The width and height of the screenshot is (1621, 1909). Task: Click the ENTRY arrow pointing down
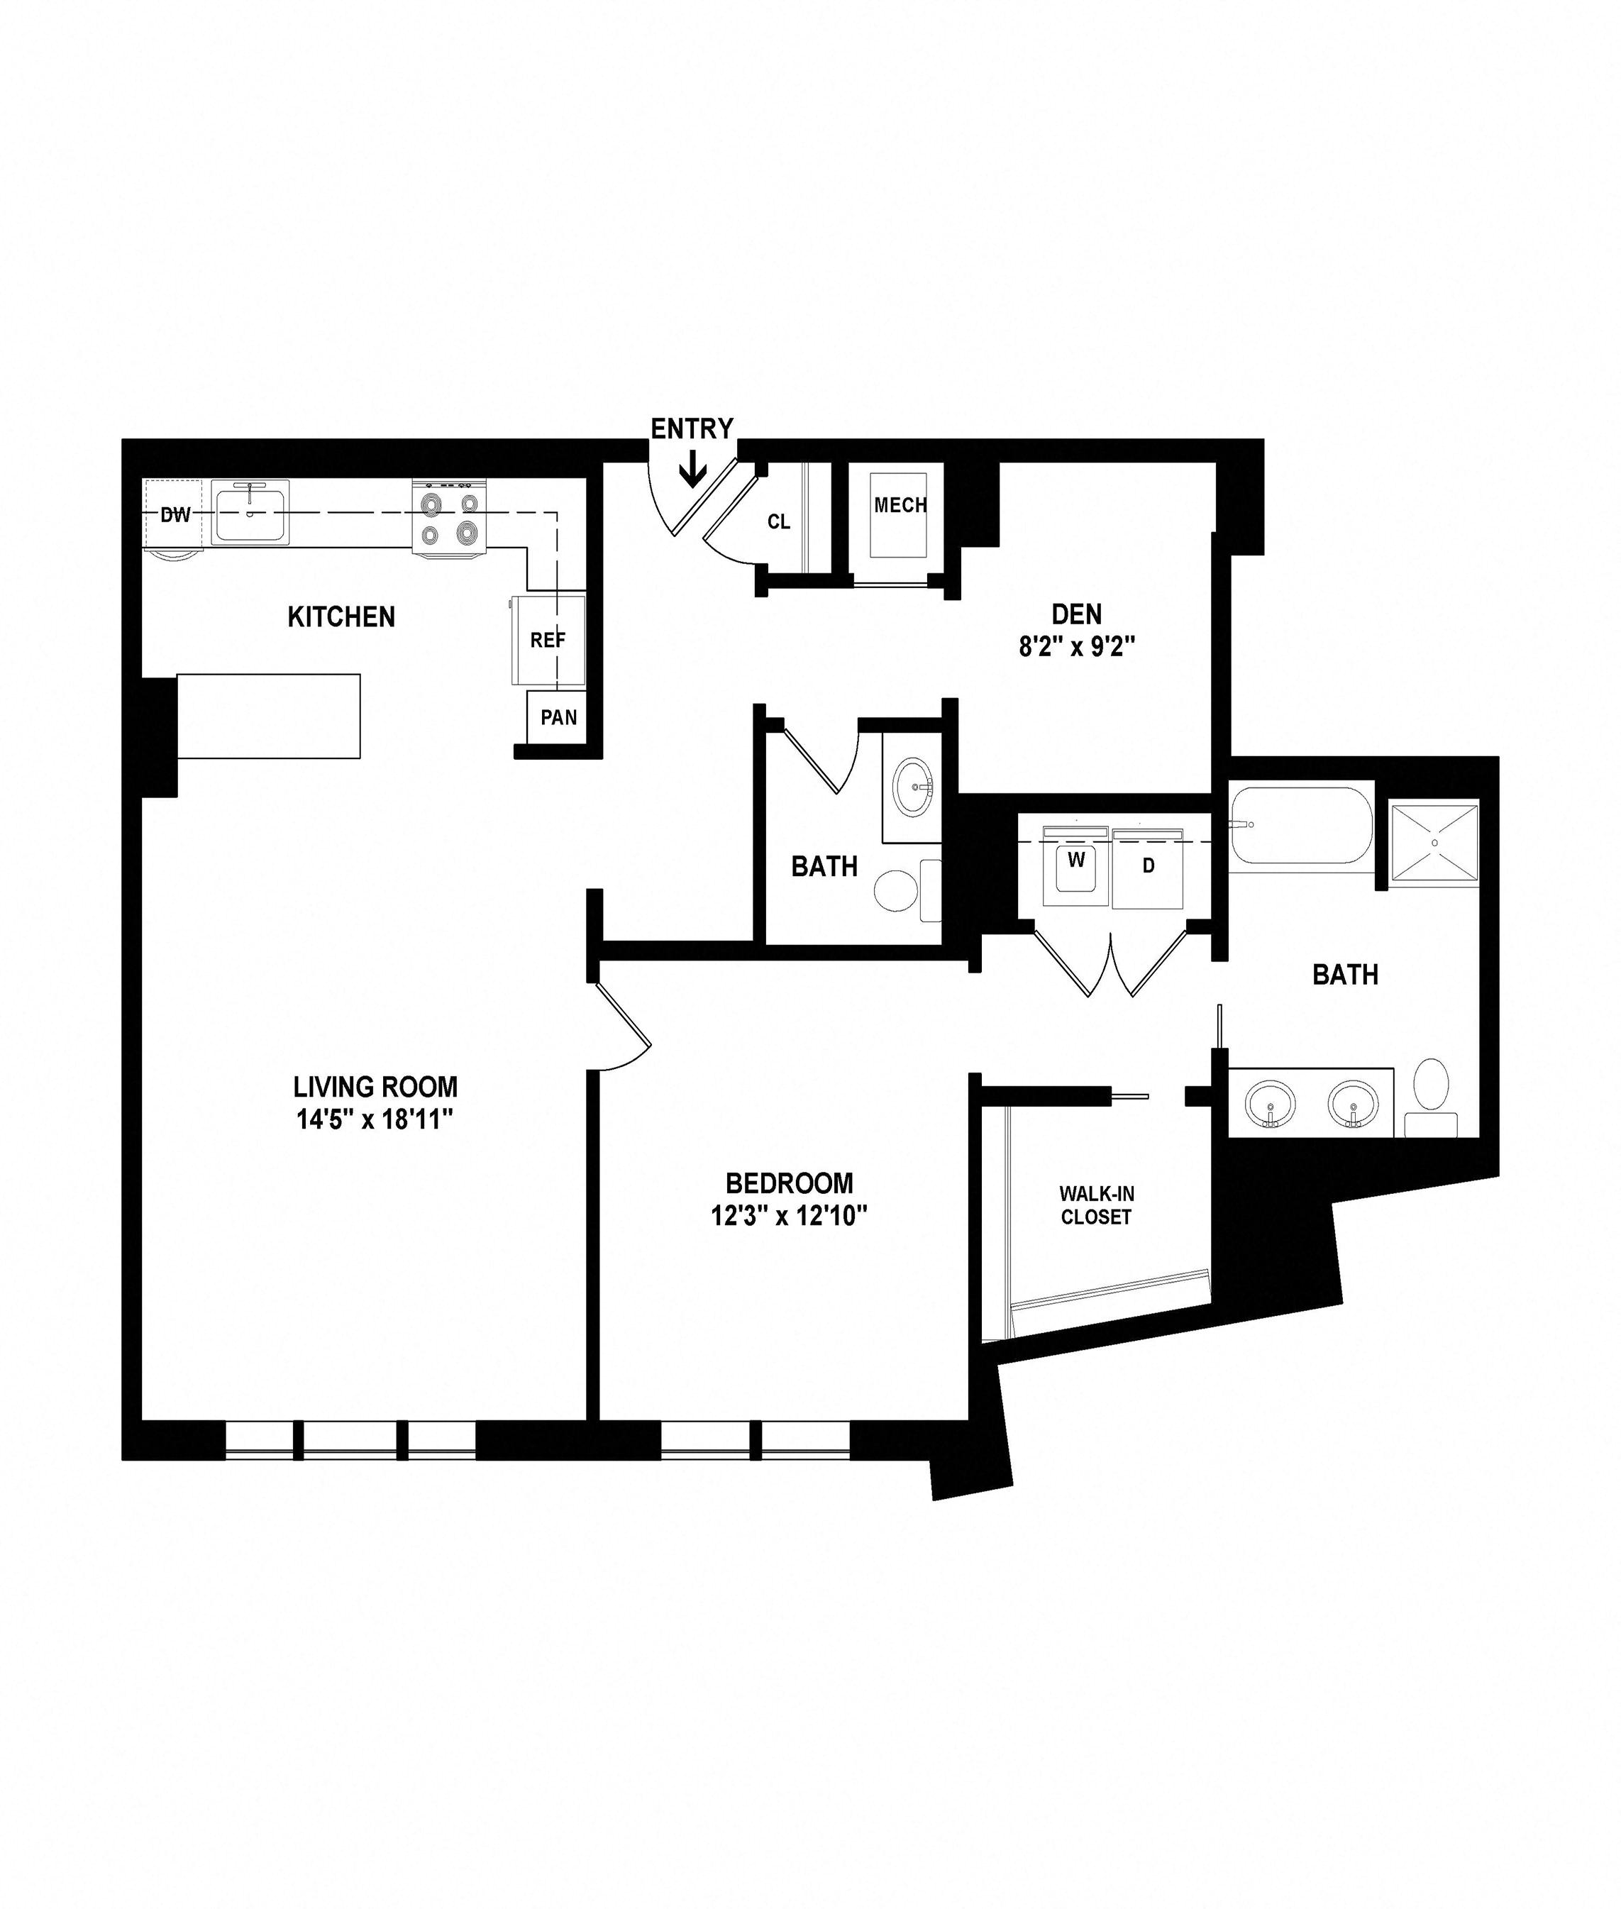pos(692,471)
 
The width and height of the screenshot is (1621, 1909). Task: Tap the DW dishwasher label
pos(175,514)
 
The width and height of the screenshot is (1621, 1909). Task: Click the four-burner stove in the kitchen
pos(449,517)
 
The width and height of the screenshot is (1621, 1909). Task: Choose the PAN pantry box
pos(558,716)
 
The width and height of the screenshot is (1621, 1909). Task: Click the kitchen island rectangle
pos(268,716)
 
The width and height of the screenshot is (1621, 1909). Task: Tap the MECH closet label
pos(900,505)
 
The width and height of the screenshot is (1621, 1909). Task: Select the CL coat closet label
pos(778,522)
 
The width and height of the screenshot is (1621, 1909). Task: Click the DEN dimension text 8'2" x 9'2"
pos(1077,647)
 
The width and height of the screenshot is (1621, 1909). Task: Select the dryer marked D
pos(1147,867)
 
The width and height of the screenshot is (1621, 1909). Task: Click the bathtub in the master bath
pos(1301,825)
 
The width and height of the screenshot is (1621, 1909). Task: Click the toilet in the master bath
pos(1431,1098)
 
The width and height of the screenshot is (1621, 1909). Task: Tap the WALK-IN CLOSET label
pos(1096,1205)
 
